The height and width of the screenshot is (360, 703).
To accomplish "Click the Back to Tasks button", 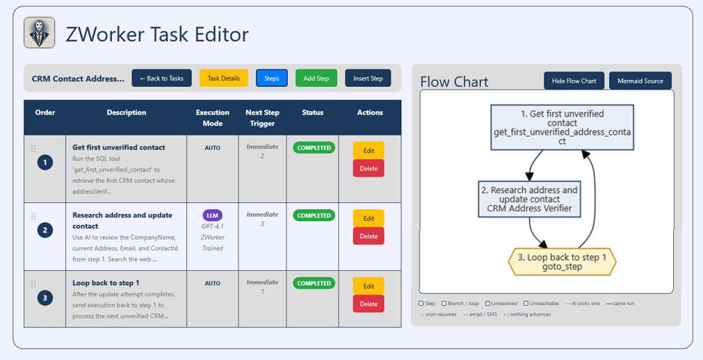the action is tap(161, 78).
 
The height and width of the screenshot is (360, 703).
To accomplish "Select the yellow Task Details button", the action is tap(224, 78).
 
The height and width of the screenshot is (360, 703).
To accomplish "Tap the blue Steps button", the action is tap(272, 78).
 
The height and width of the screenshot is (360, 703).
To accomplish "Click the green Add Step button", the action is tap(316, 78).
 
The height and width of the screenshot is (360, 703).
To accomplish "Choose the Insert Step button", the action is tap(368, 78).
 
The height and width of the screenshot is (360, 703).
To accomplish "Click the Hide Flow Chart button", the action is tap(574, 81).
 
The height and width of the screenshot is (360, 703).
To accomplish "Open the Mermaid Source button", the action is tap(640, 81).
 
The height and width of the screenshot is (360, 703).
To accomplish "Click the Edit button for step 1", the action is tap(369, 151).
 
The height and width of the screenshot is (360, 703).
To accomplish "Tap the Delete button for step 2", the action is tap(369, 236).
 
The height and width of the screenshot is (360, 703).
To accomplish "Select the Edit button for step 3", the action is tap(369, 286).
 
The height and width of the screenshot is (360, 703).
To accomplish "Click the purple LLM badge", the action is tap(213, 215).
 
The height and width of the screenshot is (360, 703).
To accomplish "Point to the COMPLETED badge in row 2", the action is tap(314, 215).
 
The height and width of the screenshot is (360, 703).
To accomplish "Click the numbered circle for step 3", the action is tap(45, 297).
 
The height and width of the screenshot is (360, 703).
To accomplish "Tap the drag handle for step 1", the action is tap(33, 149).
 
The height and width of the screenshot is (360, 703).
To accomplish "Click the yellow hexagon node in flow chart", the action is tap(563, 262).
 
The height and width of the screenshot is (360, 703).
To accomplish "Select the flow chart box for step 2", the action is tap(529, 199).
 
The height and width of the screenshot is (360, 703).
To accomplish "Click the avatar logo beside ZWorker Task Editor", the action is tap(40, 33).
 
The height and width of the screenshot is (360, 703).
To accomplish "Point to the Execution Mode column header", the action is tap(213, 117).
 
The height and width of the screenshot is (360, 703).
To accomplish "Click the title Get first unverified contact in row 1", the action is tap(119, 147).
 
